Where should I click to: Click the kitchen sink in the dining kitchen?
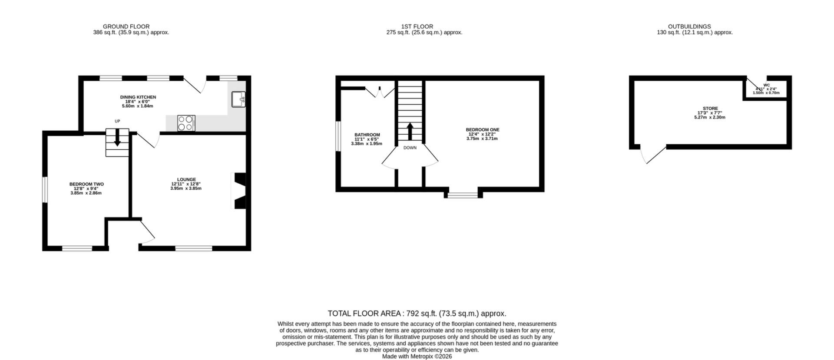point(238,99)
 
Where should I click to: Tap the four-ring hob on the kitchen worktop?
point(186,123)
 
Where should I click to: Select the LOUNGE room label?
point(186,179)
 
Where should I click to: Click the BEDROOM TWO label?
point(86,184)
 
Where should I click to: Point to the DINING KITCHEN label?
point(138,97)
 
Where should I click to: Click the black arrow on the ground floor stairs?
point(117,139)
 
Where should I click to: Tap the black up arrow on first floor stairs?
point(410,131)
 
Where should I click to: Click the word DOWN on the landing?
point(410,148)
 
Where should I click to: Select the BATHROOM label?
point(367,135)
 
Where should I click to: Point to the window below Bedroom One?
point(463,195)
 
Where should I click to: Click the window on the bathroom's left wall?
point(338,136)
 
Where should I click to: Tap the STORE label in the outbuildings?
point(710,109)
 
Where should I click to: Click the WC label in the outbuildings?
point(767,85)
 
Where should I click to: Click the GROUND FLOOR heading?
point(126,26)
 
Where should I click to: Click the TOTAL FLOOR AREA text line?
point(417,314)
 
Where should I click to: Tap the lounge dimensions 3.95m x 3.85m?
point(186,188)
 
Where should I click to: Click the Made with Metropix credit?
point(417,357)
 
